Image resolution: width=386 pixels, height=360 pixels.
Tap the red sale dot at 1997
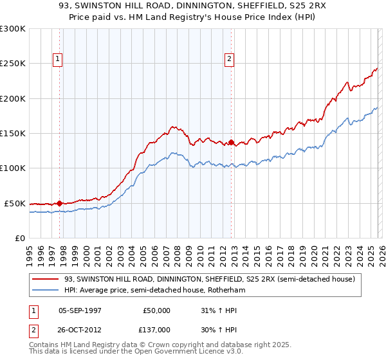click(x=60, y=203)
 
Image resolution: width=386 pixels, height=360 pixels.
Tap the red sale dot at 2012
click(x=232, y=142)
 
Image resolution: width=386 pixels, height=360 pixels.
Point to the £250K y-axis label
click(x=13, y=64)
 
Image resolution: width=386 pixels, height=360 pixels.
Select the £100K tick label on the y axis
click(x=13, y=168)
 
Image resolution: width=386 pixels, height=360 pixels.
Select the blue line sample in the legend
click(x=46, y=290)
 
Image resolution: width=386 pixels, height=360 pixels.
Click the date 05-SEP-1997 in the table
click(x=80, y=310)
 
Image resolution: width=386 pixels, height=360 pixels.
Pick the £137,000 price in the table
click(x=156, y=329)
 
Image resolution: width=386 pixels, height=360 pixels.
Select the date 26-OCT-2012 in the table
click(x=80, y=329)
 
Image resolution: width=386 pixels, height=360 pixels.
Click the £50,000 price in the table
click(x=156, y=310)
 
